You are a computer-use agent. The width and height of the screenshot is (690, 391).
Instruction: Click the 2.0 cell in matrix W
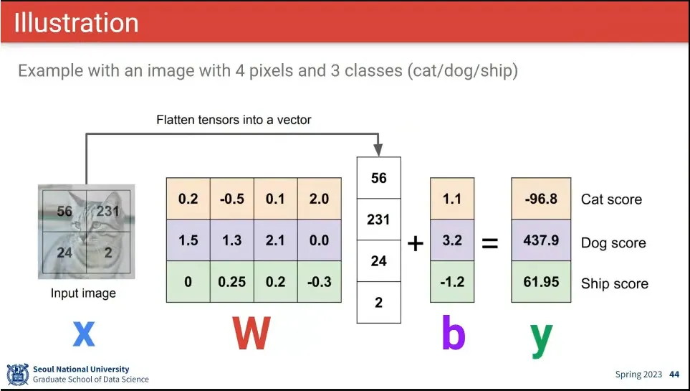tap(319, 199)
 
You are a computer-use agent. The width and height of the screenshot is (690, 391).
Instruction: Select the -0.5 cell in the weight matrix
tap(231, 199)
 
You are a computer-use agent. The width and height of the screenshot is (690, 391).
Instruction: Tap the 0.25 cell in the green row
tap(231, 282)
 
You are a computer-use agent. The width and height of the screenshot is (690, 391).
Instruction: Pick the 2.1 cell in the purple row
tap(275, 240)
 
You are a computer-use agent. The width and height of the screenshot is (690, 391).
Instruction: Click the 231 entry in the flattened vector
tap(378, 220)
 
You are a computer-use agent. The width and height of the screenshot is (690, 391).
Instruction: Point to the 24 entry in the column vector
tap(378, 261)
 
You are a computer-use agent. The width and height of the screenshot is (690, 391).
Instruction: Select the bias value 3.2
tap(452, 240)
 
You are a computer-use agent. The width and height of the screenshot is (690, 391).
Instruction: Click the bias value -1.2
tap(452, 282)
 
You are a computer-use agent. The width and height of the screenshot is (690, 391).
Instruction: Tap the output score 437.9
tap(541, 240)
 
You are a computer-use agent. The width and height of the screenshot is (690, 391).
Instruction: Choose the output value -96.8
tap(541, 199)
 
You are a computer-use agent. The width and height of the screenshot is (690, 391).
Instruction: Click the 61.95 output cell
tap(541, 282)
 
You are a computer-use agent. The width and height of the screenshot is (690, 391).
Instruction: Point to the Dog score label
tap(613, 243)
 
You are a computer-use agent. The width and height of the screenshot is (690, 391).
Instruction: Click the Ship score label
tap(615, 284)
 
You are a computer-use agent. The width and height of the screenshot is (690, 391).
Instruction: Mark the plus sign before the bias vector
tap(416, 244)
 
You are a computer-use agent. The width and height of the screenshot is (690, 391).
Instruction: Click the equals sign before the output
tap(489, 244)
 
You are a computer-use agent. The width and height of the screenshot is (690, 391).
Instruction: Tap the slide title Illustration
tap(76, 22)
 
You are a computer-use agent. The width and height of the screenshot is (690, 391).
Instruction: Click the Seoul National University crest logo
tap(17, 374)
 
